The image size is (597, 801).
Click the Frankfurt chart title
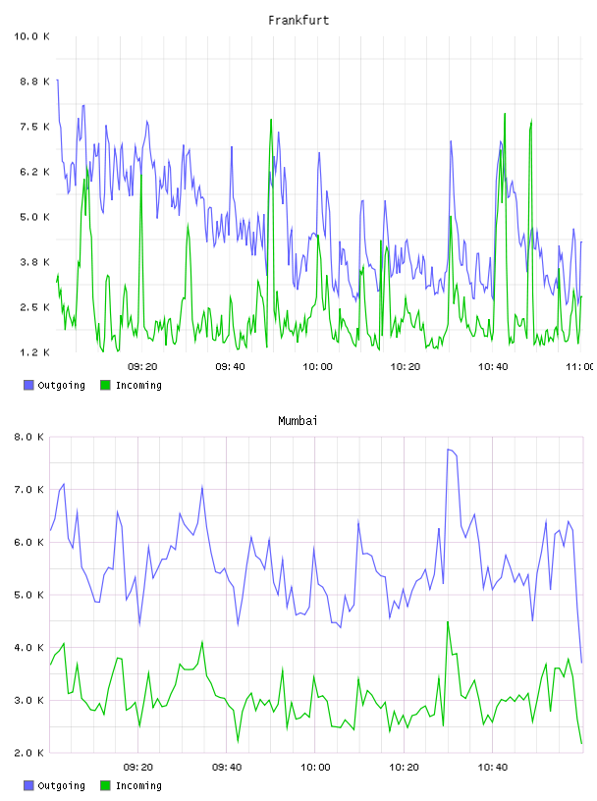point(298,21)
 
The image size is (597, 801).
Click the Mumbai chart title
point(298,421)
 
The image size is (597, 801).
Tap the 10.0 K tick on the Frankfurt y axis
point(31,36)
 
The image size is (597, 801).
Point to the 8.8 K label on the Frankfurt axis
point(34,81)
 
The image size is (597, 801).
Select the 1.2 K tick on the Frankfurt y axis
point(34,352)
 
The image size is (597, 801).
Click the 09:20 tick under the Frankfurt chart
point(142,366)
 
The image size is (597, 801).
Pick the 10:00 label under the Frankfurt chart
point(317,366)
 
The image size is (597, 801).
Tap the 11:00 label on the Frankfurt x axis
point(580,366)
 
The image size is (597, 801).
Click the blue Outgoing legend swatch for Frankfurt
point(28,385)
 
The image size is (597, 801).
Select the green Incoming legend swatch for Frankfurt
point(105,385)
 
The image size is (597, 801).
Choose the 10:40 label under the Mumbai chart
point(493,767)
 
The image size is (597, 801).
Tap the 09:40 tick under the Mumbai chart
point(227,767)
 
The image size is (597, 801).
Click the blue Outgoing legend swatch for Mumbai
point(28,785)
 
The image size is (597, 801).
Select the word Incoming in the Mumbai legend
point(138,785)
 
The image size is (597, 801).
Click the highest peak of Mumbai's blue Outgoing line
point(448,449)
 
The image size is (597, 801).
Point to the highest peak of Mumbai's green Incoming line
point(448,621)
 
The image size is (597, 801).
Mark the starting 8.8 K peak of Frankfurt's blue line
point(57,80)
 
